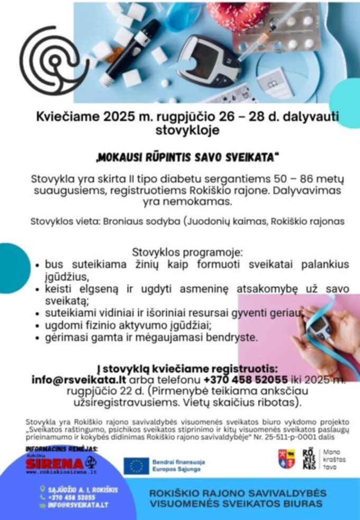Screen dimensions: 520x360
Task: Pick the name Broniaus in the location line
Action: point(126,221)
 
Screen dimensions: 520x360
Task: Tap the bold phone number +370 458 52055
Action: point(245,380)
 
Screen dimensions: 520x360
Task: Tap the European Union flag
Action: point(136,466)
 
